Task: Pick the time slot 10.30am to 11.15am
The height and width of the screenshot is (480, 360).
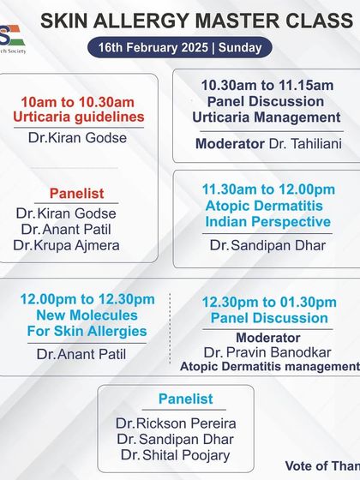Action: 267,85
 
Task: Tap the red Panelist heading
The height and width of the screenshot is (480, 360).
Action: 78,194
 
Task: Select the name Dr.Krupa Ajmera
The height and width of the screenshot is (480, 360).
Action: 66,245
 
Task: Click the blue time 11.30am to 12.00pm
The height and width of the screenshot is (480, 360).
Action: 267,189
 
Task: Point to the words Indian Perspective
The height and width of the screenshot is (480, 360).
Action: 267,222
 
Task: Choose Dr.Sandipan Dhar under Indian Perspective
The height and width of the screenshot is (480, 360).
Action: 267,245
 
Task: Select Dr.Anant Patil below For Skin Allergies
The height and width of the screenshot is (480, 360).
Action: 81,353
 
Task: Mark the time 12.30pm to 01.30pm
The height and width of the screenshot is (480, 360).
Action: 269,302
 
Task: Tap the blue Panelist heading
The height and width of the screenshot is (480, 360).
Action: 186,399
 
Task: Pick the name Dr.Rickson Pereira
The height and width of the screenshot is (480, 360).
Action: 176,423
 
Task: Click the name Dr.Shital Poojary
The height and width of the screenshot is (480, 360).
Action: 176,455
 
